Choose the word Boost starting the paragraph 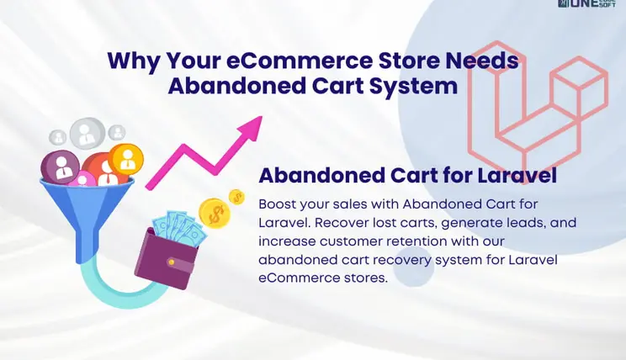[279, 204]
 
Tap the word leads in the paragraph [498, 223]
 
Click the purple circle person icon [64, 166]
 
